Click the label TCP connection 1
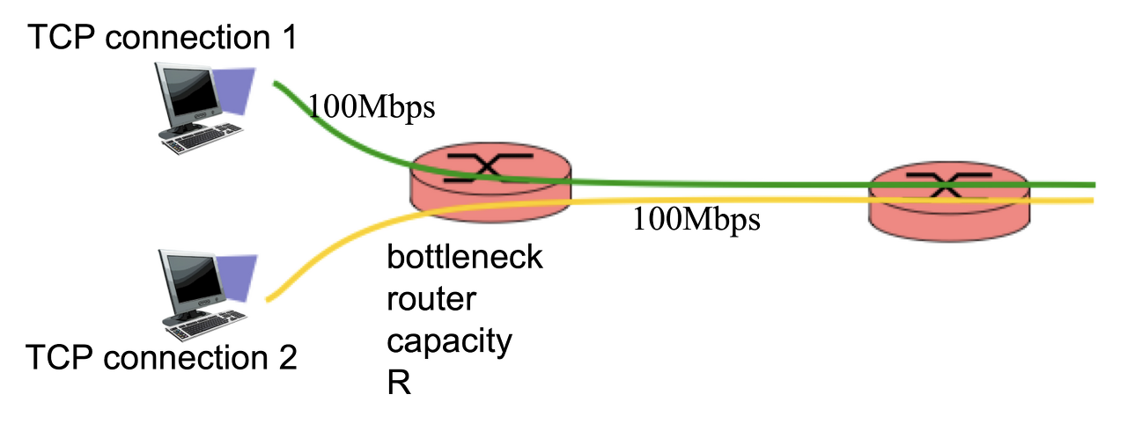(163, 37)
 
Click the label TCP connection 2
(163, 359)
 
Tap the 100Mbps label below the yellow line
(696, 219)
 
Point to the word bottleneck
(465, 260)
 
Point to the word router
(431, 300)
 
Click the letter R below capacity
(399, 384)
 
